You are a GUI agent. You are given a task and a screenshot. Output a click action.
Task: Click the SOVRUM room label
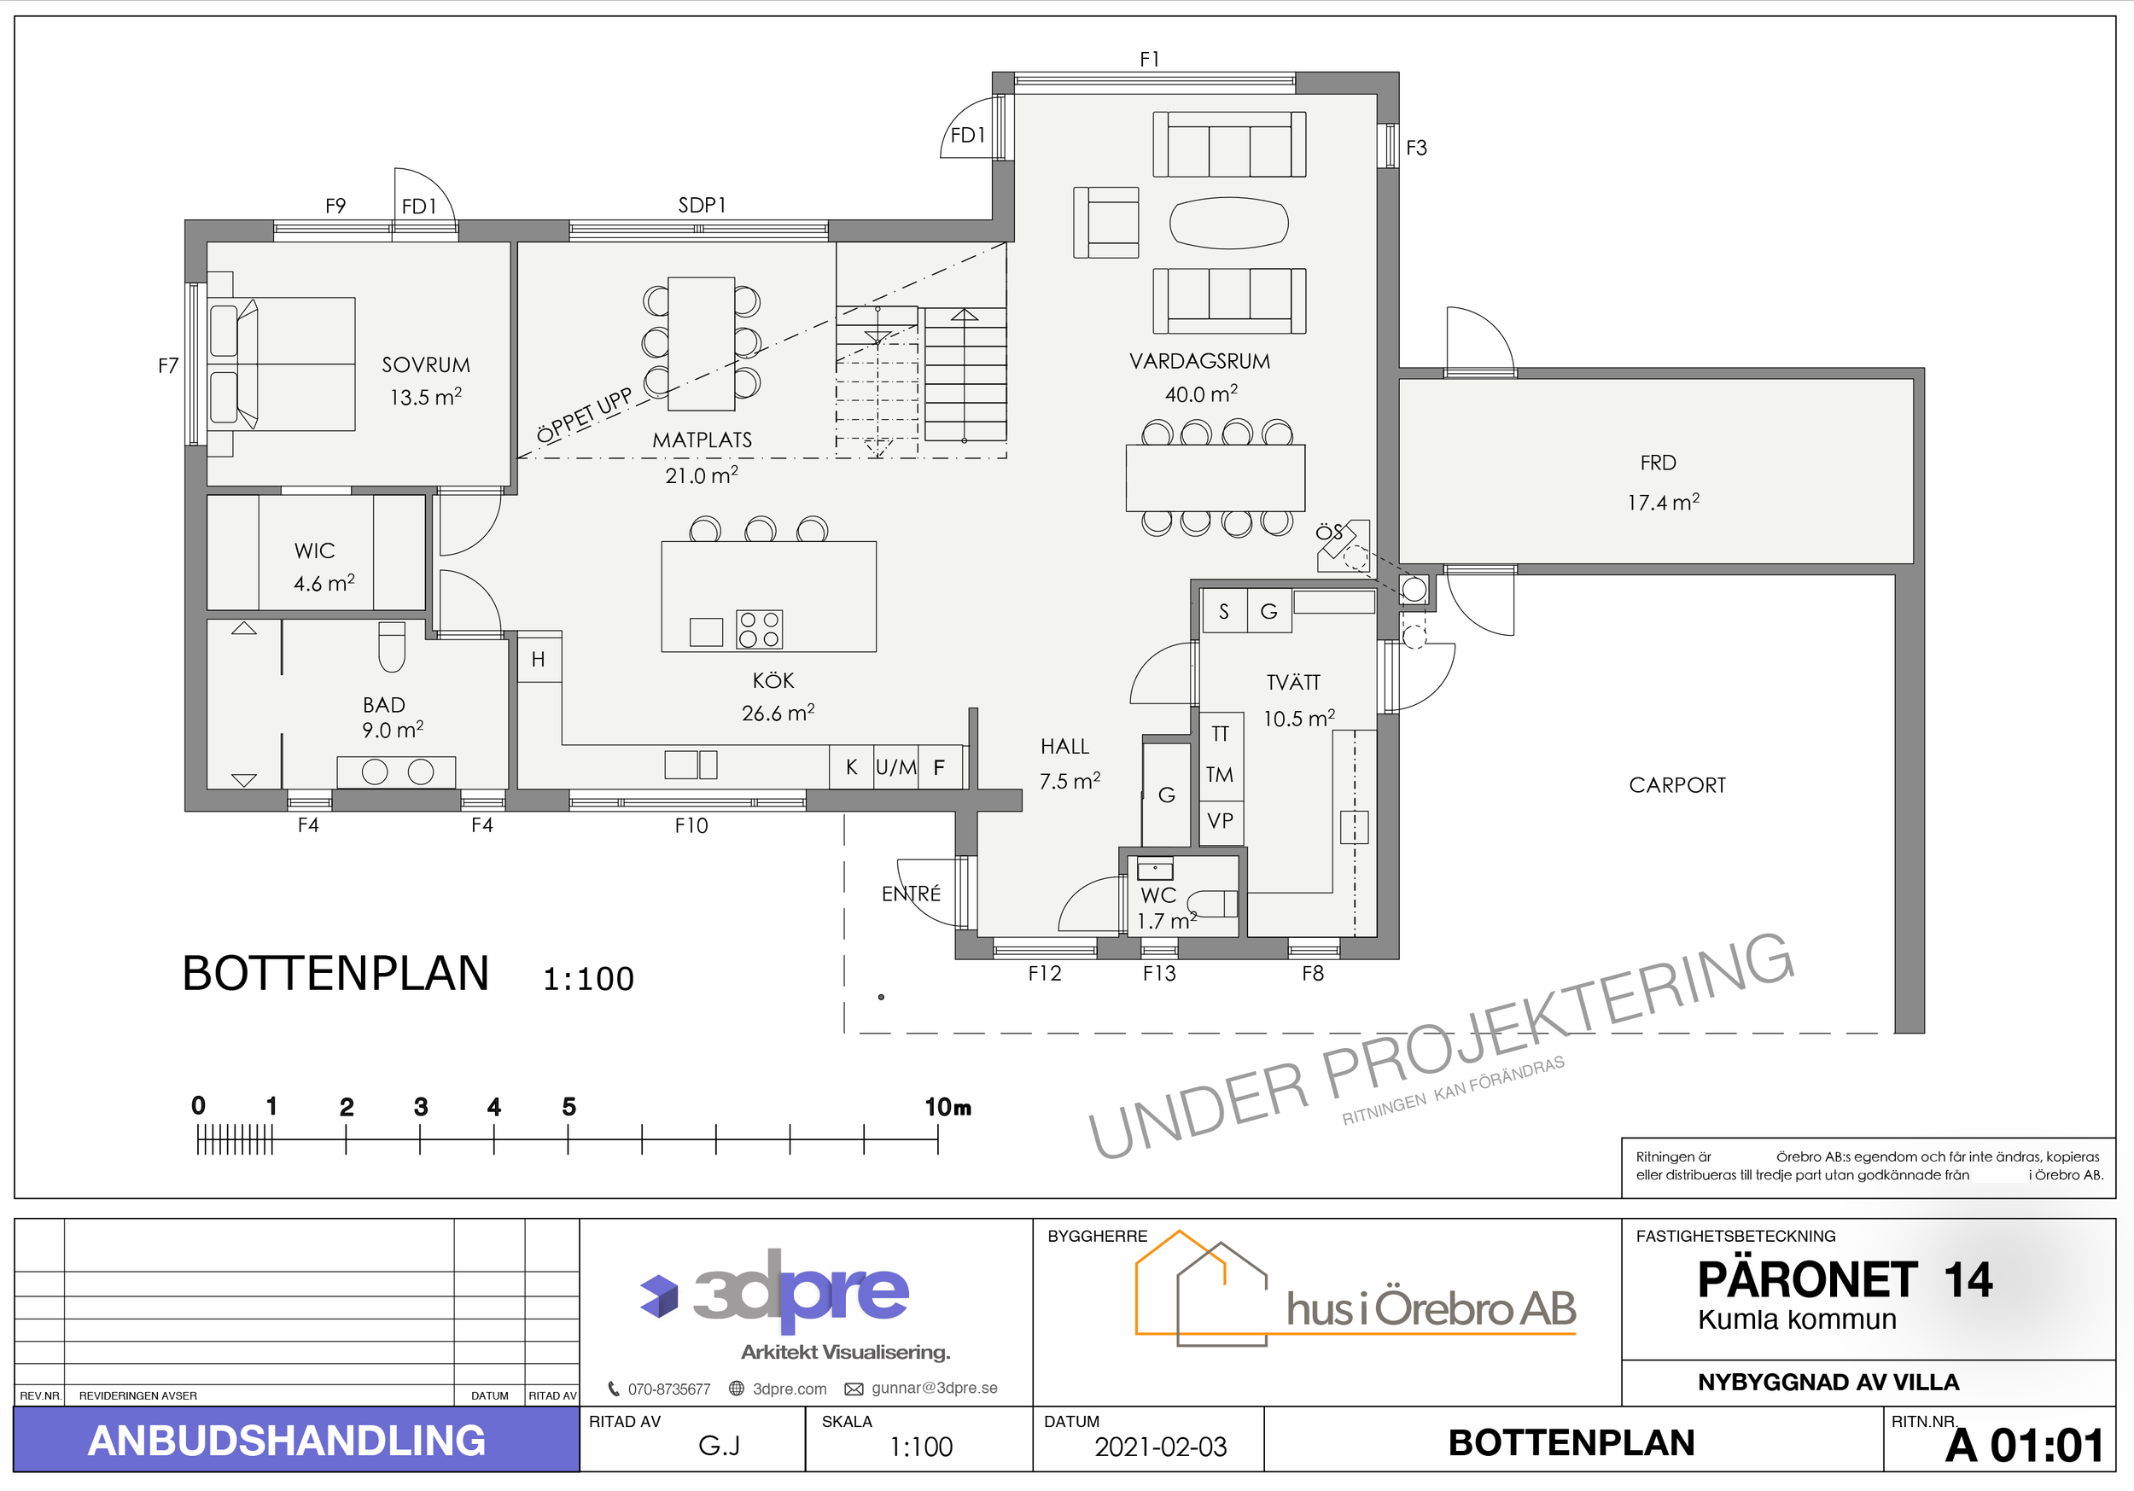pyautogui.click(x=426, y=365)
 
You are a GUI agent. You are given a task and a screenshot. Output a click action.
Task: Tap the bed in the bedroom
pyautogui.click(x=282, y=364)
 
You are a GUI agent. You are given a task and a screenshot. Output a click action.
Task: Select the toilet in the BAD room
pyautogui.click(x=392, y=646)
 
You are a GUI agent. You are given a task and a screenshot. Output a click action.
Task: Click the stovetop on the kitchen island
pyautogui.click(x=760, y=629)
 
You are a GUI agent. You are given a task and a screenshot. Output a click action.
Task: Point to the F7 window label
pyautogui.click(x=168, y=366)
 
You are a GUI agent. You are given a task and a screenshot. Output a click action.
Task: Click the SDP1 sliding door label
pyautogui.click(x=702, y=206)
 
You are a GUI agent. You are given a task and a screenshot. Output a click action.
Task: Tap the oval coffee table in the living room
pyautogui.click(x=1228, y=223)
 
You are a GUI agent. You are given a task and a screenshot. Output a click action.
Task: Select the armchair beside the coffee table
pyautogui.click(x=1106, y=222)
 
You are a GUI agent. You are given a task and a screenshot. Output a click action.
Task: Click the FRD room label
pyautogui.click(x=1659, y=463)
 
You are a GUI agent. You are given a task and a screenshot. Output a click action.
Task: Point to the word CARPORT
pyautogui.click(x=1677, y=785)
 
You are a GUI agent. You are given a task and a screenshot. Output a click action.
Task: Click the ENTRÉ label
pyautogui.click(x=911, y=894)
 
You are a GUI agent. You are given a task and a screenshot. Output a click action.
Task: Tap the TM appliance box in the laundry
pyautogui.click(x=1221, y=775)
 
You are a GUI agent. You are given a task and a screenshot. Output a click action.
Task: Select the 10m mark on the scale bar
pyautogui.click(x=938, y=1139)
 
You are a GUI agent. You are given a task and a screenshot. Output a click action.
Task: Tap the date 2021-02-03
pyautogui.click(x=1161, y=1447)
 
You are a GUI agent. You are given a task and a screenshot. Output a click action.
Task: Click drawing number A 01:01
pyautogui.click(x=2025, y=1446)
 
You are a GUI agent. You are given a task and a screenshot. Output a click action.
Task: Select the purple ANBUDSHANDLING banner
pyautogui.click(x=296, y=1440)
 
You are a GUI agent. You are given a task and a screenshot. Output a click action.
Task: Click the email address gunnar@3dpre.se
pyautogui.click(x=934, y=1389)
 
